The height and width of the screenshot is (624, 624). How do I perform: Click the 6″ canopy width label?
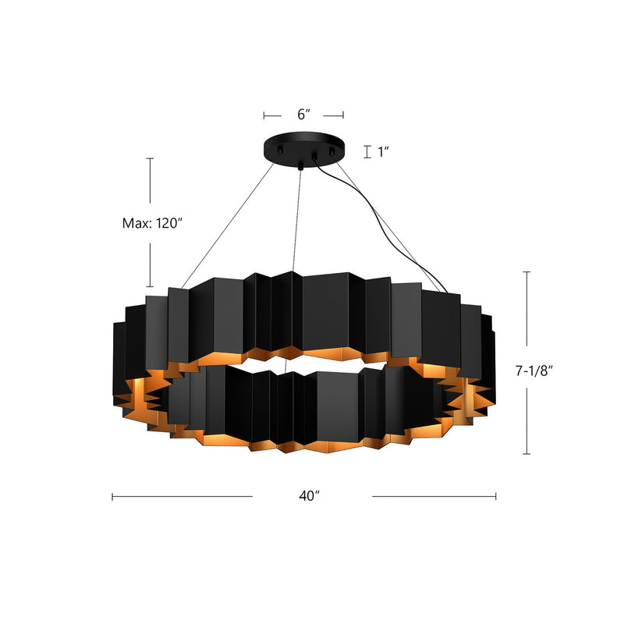[x=304, y=115]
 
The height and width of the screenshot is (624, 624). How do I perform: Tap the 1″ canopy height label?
[x=383, y=152]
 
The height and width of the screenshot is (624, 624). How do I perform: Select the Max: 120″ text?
[x=152, y=223]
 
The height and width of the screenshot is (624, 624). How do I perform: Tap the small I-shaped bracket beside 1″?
[x=366, y=152]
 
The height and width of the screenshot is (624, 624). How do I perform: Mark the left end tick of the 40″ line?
[x=113, y=496]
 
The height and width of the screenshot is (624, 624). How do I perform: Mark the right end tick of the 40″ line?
[x=496, y=496]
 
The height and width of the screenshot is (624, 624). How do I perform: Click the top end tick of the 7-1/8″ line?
[x=528, y=272]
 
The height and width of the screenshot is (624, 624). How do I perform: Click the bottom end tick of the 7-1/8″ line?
[x=528, y=453]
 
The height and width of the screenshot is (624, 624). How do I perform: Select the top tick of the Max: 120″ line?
[x=151, y=158]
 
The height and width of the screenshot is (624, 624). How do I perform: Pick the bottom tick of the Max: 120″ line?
[x=151, y=287]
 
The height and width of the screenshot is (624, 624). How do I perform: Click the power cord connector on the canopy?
[x=314, y=158]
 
